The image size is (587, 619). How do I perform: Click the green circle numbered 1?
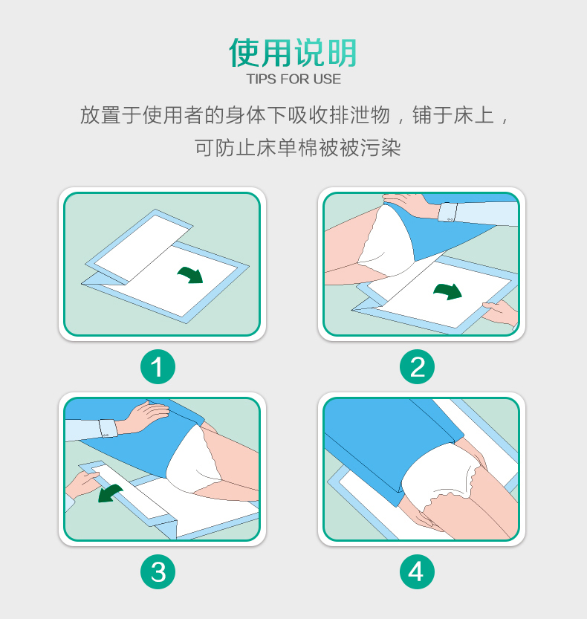(x=158, y=367)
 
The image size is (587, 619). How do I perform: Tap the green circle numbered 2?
(x=417, y=367)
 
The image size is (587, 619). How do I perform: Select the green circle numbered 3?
(x=158, y=572)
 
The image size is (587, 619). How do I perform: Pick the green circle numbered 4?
(x=417, y=572)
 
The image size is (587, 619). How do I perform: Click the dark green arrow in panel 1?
(x=192, y=274)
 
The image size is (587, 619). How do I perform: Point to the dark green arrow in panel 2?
(x=448, y=291)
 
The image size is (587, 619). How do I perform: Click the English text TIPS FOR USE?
(x=293, y=79)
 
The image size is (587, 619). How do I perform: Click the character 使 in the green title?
(x=244, y=53)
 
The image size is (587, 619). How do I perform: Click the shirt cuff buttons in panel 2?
(x=450, y=219)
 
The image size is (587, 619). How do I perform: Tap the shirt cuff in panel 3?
(x=108, y=428)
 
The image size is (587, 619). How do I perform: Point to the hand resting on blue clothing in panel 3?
(x=147, y=417)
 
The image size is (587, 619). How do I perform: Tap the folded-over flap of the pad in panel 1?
(x=139, y=246)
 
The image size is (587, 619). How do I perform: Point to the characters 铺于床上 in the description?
(x=453, y=116)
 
